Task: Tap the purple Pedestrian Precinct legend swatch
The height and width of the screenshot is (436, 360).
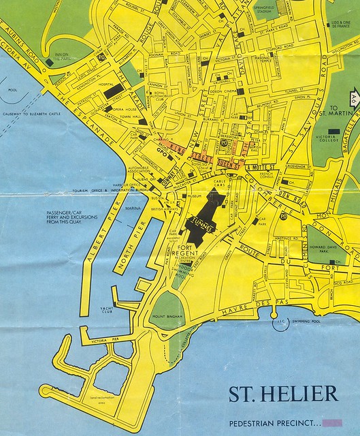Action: point(334,422)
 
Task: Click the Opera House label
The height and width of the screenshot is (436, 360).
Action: point(127,110)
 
